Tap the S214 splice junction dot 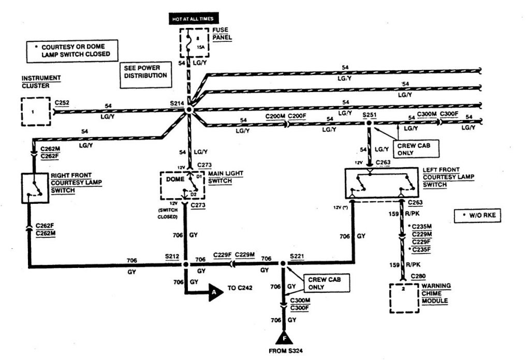189,110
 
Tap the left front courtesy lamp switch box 382,184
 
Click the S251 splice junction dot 369,124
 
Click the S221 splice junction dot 283,264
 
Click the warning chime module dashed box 404,297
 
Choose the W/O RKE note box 478,216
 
